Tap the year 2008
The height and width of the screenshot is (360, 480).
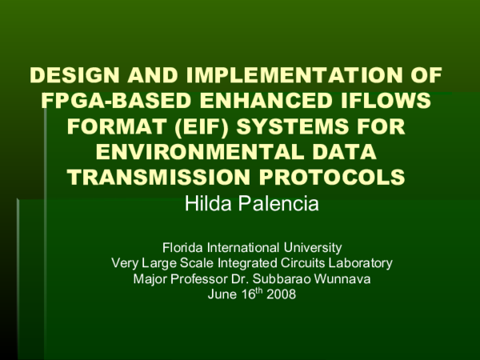pyautogui.click(x=282, y=294)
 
